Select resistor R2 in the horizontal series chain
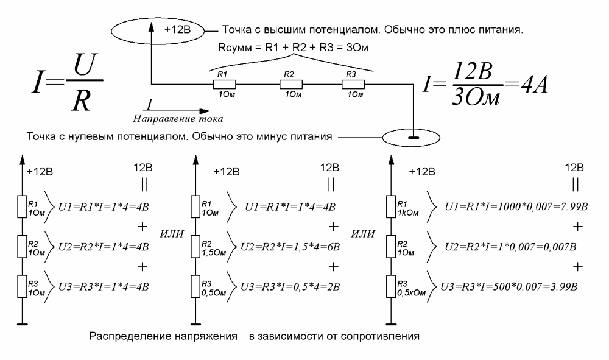[x=290, y=83]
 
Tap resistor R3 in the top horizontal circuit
[x=353, y=83]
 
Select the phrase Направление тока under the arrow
[x=178, y=117]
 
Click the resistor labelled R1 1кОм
[x=390, y=207]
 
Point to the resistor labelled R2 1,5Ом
[x=194, y=247]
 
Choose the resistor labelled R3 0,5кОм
[x=390, y=286]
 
